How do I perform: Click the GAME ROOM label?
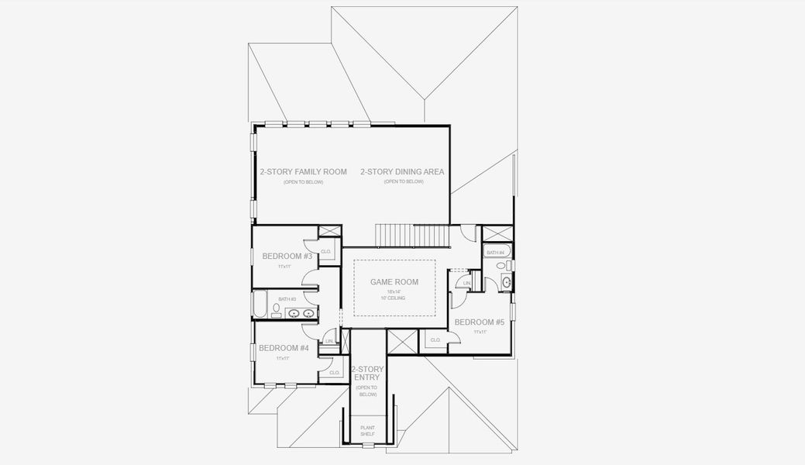(x=394, y=282)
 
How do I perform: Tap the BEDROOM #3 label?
(x=287, y=257)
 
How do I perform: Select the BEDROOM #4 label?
(x=284, y=348)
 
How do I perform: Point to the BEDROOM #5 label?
(x=480, y=322)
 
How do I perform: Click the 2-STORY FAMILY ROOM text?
(x=303, y=171)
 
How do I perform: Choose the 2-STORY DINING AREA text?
(x=402, y=171)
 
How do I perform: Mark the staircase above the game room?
(x=412, y=234)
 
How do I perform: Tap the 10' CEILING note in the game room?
(x=394, y=298)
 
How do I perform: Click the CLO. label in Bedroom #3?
(x=326, y=251)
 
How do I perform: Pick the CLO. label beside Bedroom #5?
(x=435, y=339)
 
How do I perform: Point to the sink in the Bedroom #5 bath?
(x=507, y=282)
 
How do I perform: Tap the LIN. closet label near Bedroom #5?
(x=466, y=284)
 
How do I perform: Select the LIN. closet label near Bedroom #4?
(x=329, y=341)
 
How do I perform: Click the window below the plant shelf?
(x=367, y=445)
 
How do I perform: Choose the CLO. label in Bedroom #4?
(x=335, y=372)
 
